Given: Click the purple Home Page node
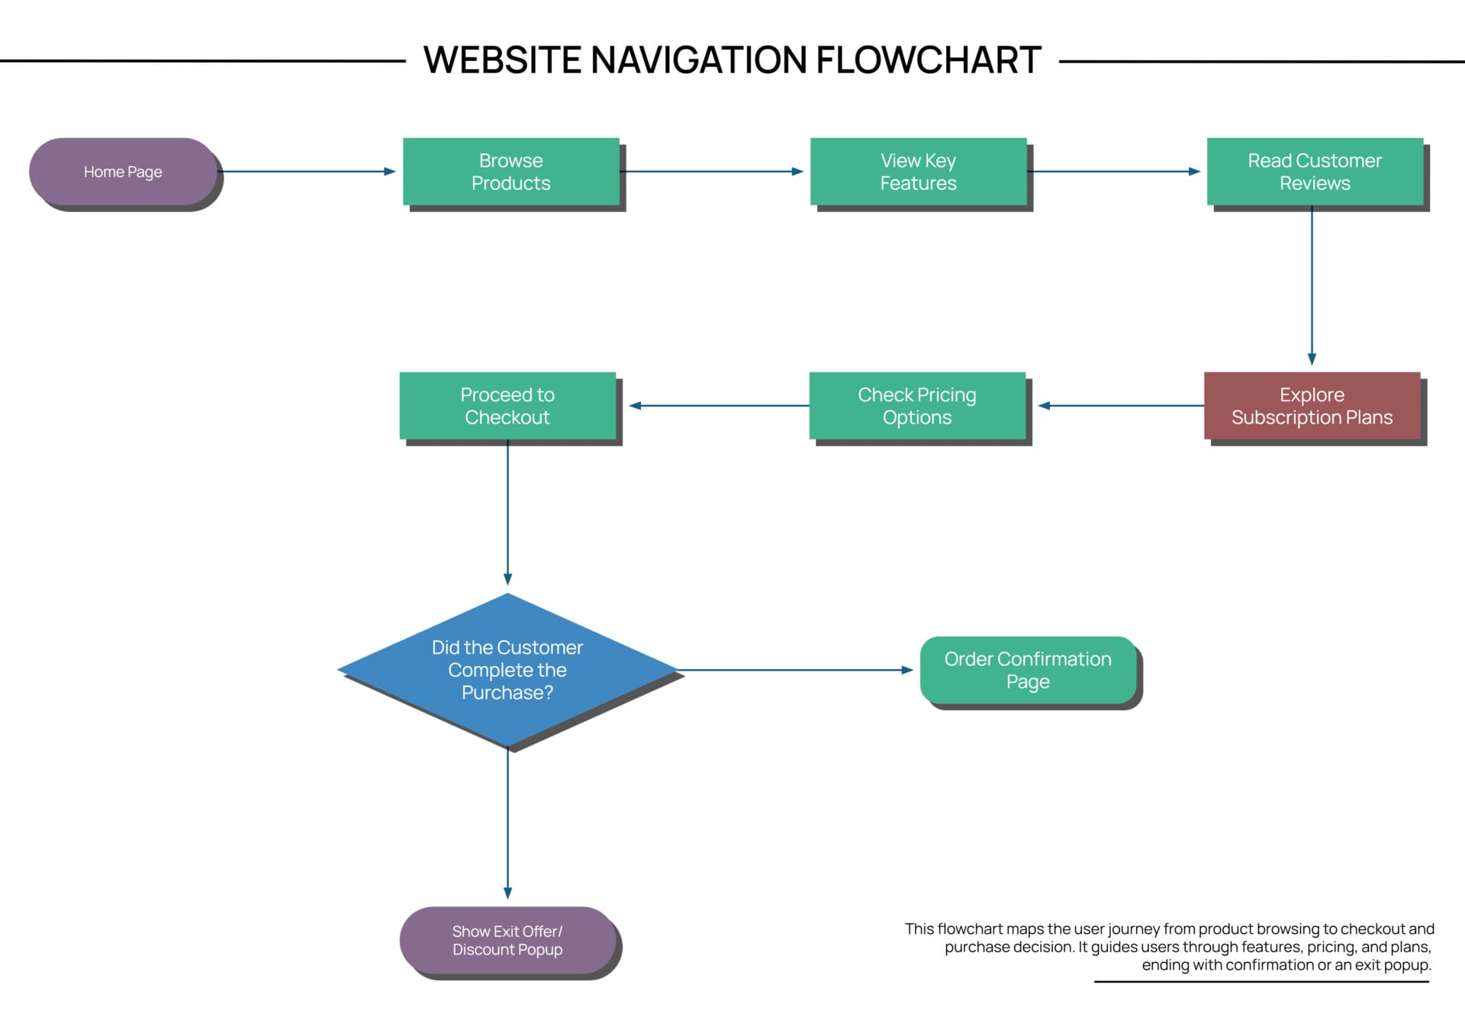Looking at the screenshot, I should (x=123, y=172).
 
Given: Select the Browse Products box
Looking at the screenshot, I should (x=510, y=172).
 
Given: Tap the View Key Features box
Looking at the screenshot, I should (x=918, y=172).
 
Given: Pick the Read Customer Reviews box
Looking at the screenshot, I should (x=1314, y=172).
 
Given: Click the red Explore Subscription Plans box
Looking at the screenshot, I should (x=1312, y=406).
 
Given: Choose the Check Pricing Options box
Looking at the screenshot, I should (x=916, y=406).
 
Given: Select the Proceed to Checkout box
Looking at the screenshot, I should (x=507, y=406).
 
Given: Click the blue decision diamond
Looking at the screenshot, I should (x=507, y=670).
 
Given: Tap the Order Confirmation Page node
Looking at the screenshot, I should (x=1028, y=670).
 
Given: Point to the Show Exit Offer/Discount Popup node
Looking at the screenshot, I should (x=507, y=940).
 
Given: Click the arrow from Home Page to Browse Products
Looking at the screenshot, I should (x=305, y=172).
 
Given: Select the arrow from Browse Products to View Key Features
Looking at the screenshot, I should (x=713, y=172).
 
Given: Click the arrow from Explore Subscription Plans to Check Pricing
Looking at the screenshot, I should (x=1122, y=406).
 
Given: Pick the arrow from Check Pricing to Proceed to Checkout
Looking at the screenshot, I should (x=717, y=406).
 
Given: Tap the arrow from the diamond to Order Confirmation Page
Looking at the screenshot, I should (x=794, y=670).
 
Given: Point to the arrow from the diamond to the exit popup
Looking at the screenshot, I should (x=507, y=824).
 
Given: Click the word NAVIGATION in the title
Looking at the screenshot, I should (x=698, y=60).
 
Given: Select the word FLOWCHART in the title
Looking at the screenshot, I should (x=929, y=60).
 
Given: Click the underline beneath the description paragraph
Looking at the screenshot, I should (x=1261, y=981).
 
